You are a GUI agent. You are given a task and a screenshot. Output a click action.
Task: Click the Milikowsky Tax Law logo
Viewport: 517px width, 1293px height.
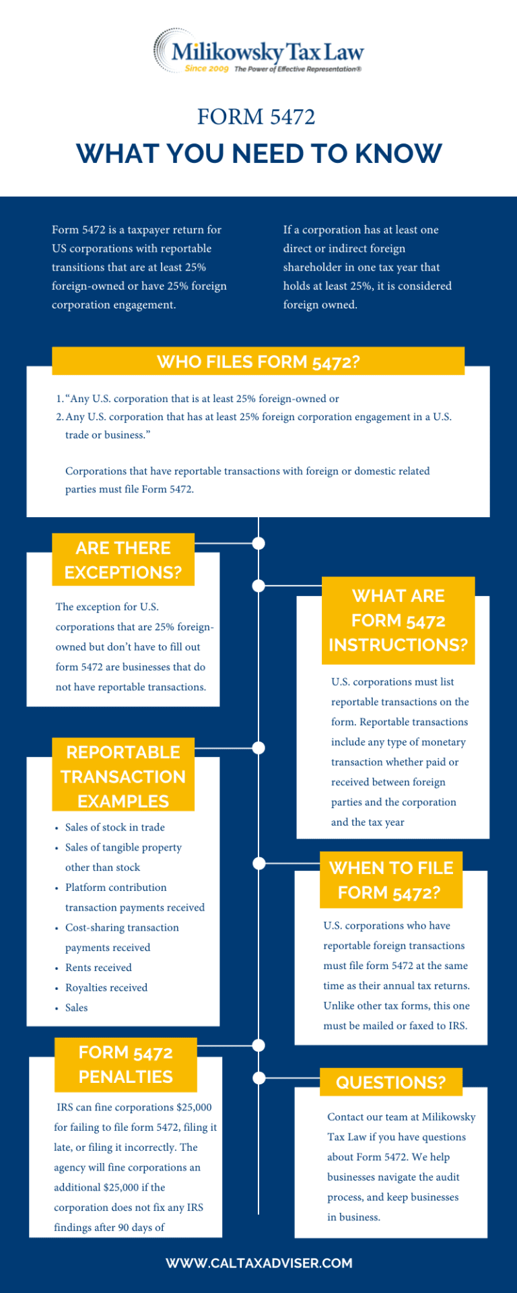[258, 51]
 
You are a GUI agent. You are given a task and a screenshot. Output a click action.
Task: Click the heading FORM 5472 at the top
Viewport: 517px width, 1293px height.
[256, 117]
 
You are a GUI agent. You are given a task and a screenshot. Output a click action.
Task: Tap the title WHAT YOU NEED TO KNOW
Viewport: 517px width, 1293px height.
[259, 154]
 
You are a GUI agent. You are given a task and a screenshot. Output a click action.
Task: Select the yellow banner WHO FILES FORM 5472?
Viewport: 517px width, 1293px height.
[258, 362]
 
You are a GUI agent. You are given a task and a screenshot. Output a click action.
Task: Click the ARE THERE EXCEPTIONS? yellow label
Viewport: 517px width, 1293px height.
[123, 560]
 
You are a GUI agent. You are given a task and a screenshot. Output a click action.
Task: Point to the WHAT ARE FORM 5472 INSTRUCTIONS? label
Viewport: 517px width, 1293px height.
[399, 620]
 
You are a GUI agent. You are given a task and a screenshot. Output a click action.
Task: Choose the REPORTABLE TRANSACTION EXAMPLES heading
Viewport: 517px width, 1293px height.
[123, 776]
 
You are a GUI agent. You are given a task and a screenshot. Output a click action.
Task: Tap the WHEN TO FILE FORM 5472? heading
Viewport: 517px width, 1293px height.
[391, 880]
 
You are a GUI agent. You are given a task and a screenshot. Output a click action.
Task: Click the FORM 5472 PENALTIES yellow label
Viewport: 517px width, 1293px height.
[126, 1065]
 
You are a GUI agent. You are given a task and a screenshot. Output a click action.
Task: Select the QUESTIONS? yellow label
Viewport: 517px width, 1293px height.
[391, 1082]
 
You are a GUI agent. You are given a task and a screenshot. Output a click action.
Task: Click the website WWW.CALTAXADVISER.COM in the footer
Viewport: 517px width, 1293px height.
[259, 1263]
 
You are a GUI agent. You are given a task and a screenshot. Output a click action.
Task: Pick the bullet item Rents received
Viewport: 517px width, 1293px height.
[98, 968]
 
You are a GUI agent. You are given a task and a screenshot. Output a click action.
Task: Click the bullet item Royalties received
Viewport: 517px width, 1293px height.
[106, 988]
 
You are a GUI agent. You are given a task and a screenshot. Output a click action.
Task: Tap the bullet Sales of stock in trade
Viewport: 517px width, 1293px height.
[115, 828]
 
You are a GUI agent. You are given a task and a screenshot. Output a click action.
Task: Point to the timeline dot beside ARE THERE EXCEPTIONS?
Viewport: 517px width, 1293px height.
[258, 543]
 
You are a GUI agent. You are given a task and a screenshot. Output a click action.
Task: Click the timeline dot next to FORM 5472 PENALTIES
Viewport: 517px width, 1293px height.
[258, 1045]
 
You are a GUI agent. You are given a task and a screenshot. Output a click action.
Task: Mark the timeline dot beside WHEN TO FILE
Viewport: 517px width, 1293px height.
[258, 863]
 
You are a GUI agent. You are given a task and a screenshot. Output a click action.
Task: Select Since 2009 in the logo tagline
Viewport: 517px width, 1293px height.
[207, 69]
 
